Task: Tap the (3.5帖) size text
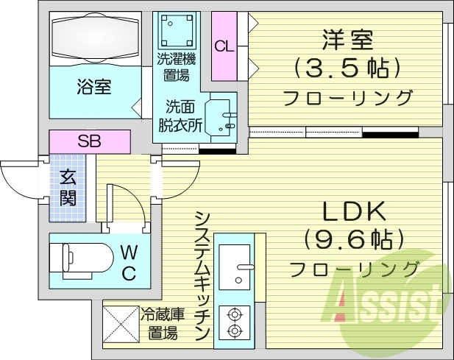[348, 68]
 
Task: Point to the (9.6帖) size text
[355, 239]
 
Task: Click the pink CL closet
[224, 46]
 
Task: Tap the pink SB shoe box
[89, 140]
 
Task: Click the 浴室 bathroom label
[94, 87]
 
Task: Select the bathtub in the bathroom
[94, 38]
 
